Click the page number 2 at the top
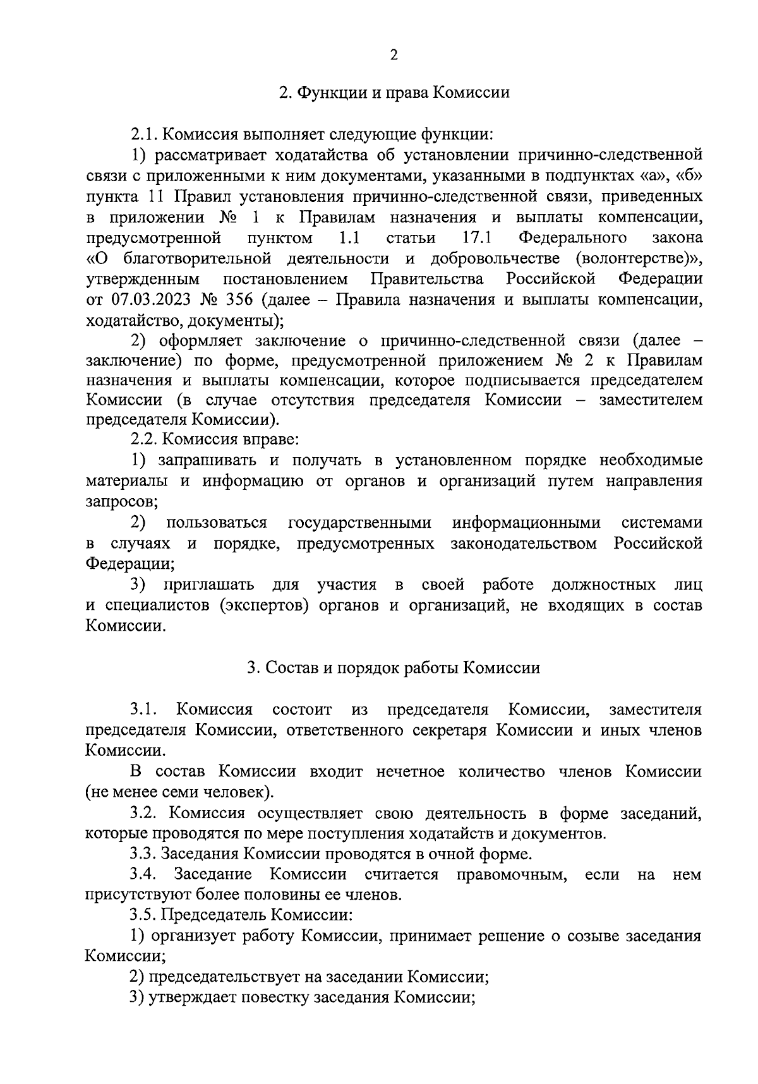coord(394,56)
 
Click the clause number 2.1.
coord(144,134)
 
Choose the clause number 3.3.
coord(143,854)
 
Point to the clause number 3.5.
coord(143,915)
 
